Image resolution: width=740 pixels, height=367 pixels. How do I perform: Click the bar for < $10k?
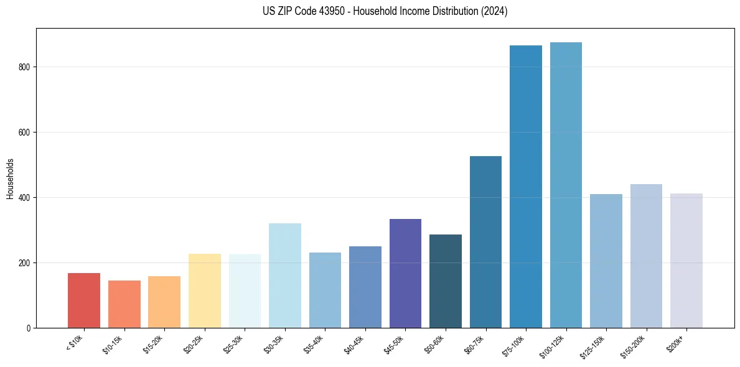point(84,300)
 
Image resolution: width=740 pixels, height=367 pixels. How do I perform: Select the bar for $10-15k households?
point(124,304)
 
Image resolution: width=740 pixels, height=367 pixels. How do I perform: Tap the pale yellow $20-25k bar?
point(205,291)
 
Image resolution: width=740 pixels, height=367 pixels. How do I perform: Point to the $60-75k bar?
point(485,242)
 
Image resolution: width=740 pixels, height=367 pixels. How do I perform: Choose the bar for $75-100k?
point(526,187)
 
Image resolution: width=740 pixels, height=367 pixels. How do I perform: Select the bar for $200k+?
point(686,261)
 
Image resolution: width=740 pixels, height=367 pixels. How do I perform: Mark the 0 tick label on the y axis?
point(29,328)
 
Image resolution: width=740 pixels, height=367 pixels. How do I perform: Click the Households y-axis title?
point(10,179)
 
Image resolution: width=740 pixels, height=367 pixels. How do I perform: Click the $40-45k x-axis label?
point(354,344)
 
